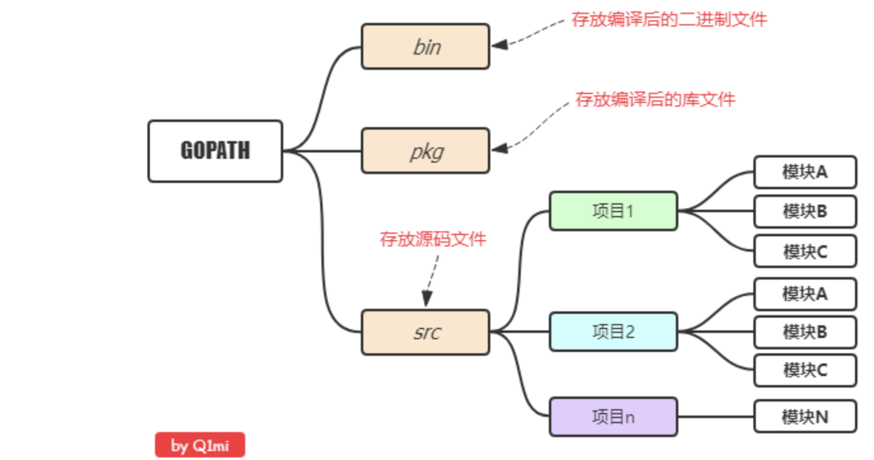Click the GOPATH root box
[x=215, y=151]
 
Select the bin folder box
[x=426, y=46]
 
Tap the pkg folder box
[x=426, y=151]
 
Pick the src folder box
[x=426, y=332]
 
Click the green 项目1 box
[x=613, y=211]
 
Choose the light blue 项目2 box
[x=613, y=332]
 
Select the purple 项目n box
[x=613, y=417]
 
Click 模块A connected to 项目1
[x=805, y=172]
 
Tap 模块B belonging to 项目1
[x=805, y=212]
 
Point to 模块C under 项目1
[x=805, y=251]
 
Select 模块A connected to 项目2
[x=805, y=294]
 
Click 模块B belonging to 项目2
[x=805, y=332]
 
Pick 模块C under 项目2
[x=805, y=370]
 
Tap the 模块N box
[x=805, y=417]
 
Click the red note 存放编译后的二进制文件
[x=669, y=20]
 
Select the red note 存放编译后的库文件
[x=655, y=100]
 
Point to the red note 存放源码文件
[x=433, y=240]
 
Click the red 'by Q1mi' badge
[x=199, y=445]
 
